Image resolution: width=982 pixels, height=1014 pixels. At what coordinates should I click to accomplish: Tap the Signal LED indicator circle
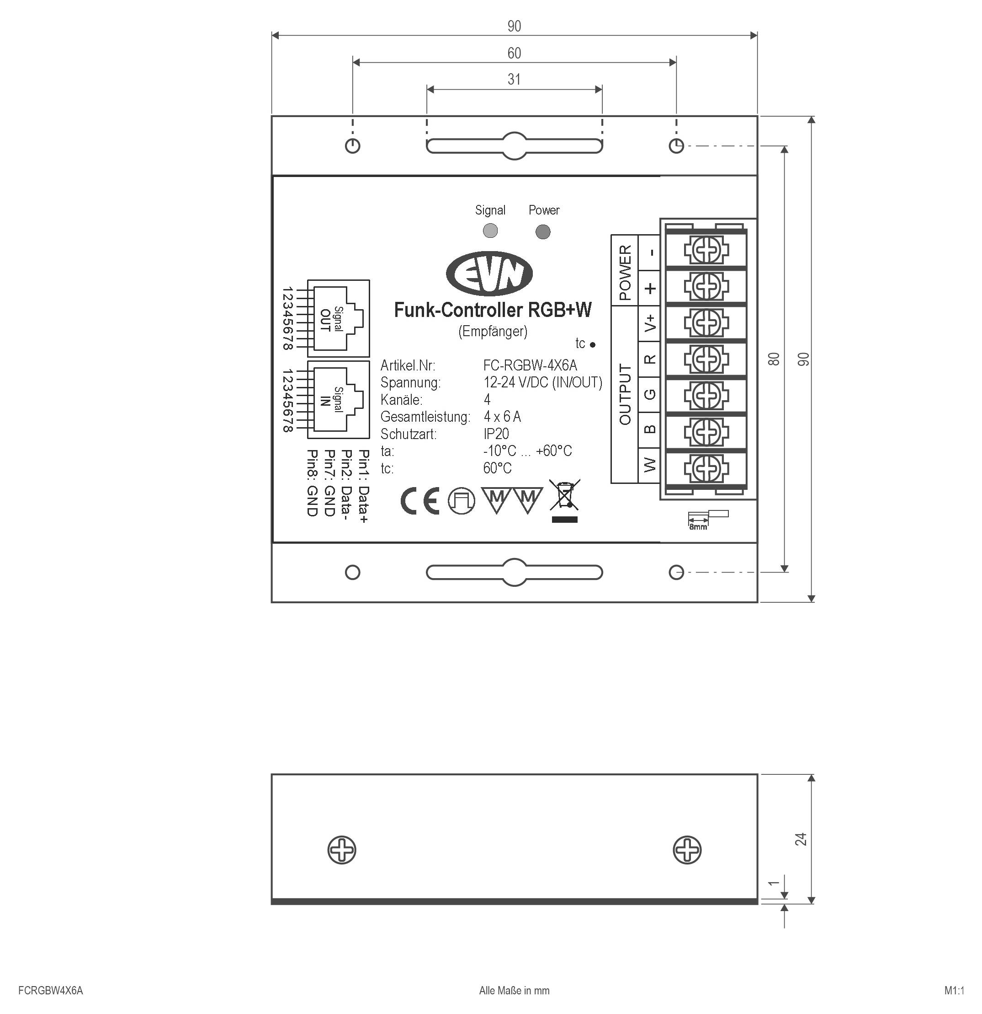(490, 231)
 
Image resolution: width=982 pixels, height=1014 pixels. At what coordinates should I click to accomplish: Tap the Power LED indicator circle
(543, 232)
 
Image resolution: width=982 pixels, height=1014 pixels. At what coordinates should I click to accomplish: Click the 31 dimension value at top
(514, 79)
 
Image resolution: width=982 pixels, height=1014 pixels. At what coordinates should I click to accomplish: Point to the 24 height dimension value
(801, 839)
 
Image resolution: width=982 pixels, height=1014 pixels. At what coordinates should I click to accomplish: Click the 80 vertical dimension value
(774, 359)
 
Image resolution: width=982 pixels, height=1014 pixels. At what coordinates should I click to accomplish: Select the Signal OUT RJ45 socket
(339, 318)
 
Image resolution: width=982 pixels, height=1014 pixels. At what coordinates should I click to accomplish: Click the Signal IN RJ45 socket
(339, 399)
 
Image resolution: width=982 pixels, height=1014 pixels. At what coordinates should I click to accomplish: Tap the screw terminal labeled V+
(706, 323)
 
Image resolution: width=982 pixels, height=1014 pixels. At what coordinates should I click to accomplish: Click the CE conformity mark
(419, 500)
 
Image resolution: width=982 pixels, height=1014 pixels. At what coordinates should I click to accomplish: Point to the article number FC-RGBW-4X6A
(530, 366)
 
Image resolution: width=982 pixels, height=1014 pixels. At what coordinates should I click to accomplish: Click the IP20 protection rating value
(496, 434)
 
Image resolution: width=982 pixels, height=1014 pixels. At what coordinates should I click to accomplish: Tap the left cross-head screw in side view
(342, 849)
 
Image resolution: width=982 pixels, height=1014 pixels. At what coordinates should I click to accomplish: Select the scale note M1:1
(954, 991)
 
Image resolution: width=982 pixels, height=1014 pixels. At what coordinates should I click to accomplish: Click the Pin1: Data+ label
(364, 486)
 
